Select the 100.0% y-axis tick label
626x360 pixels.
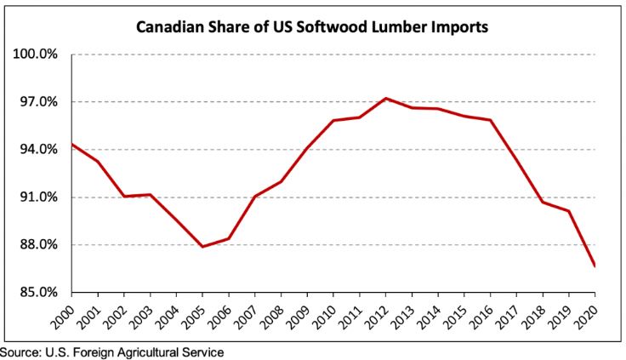[x=35, y=54]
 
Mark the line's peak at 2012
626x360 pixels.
[x=388, y=98]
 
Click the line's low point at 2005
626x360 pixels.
[x=202, y=247]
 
